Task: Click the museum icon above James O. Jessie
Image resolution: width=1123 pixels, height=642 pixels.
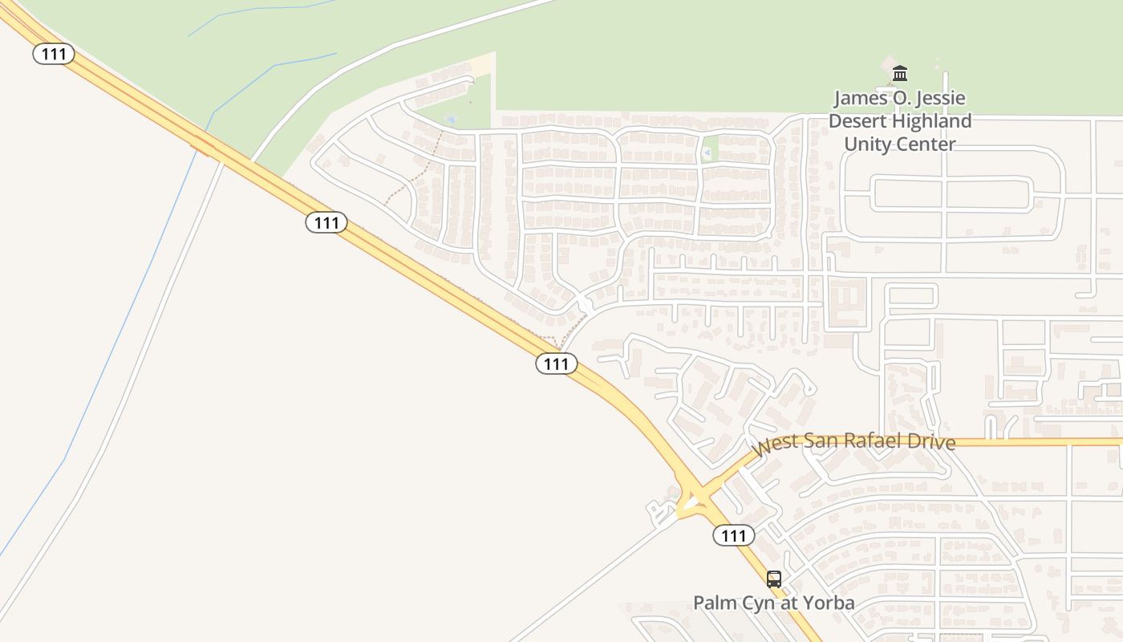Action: tap(900, 73)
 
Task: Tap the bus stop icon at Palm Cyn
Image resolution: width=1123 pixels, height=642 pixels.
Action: tap(773, 579)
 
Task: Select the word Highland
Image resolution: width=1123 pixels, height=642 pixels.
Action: tap(932, 121)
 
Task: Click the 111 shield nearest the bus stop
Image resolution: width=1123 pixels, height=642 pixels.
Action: tap(733, 535)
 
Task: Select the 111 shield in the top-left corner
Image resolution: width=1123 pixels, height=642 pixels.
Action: tap(54, 54)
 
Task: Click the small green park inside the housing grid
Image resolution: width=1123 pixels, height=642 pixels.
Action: tap(709, 151)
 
